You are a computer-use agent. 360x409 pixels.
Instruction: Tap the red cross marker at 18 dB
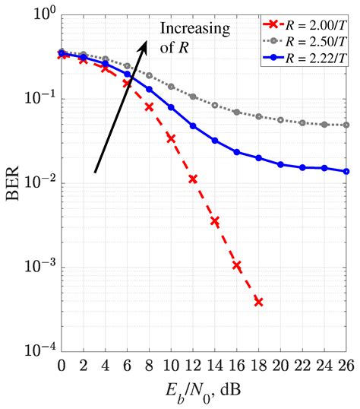tap(259, 302)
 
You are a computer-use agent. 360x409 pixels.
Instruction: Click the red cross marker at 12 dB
tap(193, 179)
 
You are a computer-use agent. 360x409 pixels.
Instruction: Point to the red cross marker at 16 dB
tap(237, 265)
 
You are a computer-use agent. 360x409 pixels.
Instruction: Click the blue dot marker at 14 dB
tap(215, 141)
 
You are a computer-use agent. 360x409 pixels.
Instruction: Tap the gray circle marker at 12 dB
tap(193, 97)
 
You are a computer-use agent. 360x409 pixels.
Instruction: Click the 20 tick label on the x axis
tap(281, 366)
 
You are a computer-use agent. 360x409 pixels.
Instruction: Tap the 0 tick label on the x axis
tap(62, 366)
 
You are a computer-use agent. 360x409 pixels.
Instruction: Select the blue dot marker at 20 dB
tap(281, 164)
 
